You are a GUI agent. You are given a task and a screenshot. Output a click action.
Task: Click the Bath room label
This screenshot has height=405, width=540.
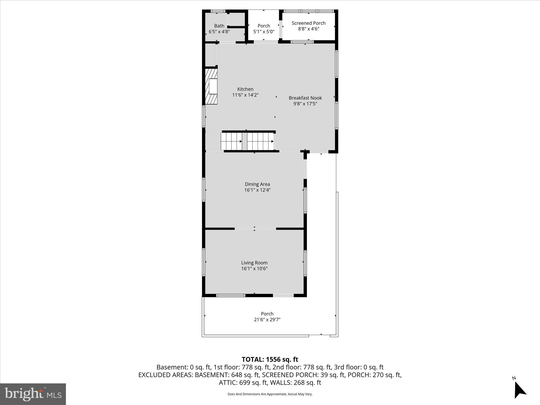(219, 26)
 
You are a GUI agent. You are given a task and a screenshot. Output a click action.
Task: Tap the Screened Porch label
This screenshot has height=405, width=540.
(308, 23)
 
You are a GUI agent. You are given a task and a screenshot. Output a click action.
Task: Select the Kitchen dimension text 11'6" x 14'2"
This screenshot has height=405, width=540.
(245, 95)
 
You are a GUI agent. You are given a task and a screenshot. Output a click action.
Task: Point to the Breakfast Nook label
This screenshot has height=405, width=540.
(305, 98)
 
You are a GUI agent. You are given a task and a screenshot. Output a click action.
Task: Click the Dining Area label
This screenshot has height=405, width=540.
(257, 184)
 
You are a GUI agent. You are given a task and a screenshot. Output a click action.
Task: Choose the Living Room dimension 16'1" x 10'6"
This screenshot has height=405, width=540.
(254, 269)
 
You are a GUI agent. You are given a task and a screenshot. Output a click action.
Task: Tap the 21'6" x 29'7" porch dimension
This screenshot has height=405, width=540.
(267, 320)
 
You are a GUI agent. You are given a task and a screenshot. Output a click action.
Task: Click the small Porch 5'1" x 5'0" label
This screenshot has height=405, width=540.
(264, 26)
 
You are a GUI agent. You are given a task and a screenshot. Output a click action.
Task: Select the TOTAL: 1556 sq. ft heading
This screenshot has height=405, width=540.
(270, 359)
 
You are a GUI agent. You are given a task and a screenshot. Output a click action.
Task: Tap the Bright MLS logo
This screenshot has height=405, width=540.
(33, 394)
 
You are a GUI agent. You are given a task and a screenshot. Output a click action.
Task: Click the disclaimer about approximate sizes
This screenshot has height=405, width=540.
(270, 394)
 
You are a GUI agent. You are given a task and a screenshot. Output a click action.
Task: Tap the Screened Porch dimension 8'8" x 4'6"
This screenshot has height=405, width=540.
(308, 29)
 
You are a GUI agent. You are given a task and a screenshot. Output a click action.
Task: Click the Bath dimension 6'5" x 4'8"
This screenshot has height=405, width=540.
(219, 32)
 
